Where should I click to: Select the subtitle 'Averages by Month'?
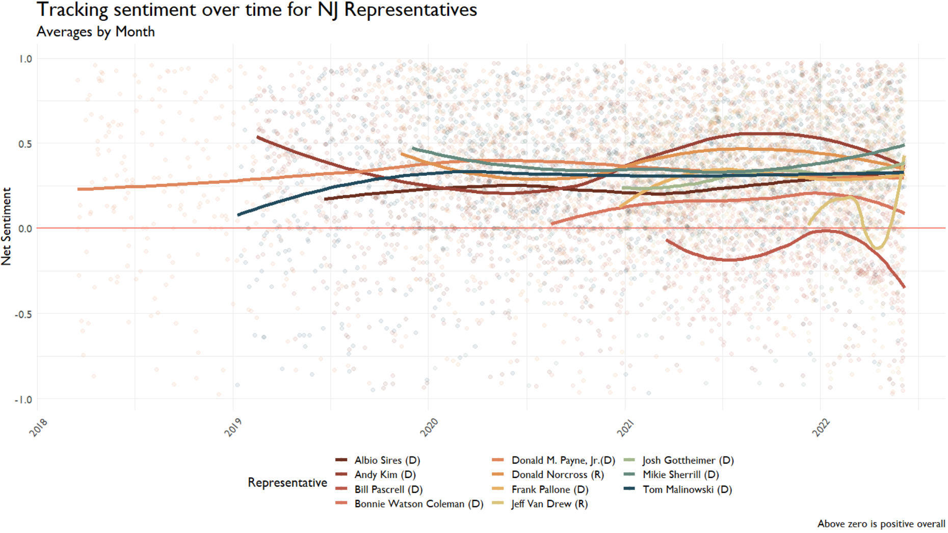pyautogui.click(x=96, y=32)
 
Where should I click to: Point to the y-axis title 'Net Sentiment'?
pyautogui.click(x=7, y=226)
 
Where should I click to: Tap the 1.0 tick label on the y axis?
pyautogui.click(x=25, y=59)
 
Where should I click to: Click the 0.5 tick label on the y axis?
pyautogui.click(x=25, y=144)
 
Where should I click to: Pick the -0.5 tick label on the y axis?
pyautogui.click(x=24, y=314)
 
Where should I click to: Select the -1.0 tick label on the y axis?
pyautogui.click(x=24, y=399)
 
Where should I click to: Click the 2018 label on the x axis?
pyautogui.click(x=38, y=428)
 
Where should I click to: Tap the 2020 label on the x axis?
pyautogui.click(x=429, y=428)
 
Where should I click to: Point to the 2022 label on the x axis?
pyautogui.click(x=821, y=428)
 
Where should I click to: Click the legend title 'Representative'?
pyautogui.click(x=287, y=482)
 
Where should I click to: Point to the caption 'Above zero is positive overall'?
pyautogui.click(x=881, y=523)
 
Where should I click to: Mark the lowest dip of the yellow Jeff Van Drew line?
pyautogui.click(x=878, y=248)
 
